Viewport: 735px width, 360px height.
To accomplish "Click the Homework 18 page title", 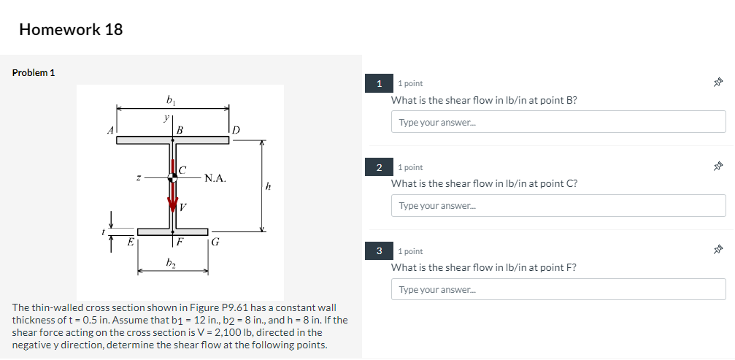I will coord(71,30).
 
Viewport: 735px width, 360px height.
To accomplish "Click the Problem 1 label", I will coord(34,73).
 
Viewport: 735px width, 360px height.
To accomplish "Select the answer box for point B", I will coord(558,122).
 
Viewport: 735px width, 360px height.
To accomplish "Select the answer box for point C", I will coord(558,206).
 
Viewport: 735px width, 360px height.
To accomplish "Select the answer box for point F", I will coord(558,289).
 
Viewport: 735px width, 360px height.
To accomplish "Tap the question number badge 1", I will coord(380,84).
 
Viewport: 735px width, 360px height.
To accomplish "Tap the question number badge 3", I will coord(380,251).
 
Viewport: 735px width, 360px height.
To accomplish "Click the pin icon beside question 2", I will coord(718,168).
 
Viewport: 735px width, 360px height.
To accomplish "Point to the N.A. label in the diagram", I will coord(215,177).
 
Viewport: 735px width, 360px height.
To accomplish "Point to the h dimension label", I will coord(269,187).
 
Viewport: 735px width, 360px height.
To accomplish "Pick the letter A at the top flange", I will coord(111,130).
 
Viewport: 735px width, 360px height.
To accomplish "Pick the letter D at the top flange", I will coord(236,130).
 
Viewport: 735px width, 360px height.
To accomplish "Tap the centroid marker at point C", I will coord(173,177).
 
